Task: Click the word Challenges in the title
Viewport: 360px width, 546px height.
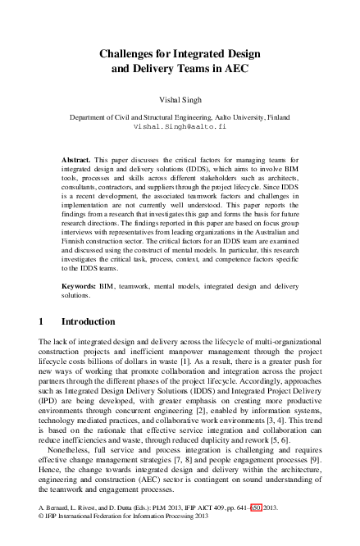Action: tap(129, 53)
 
